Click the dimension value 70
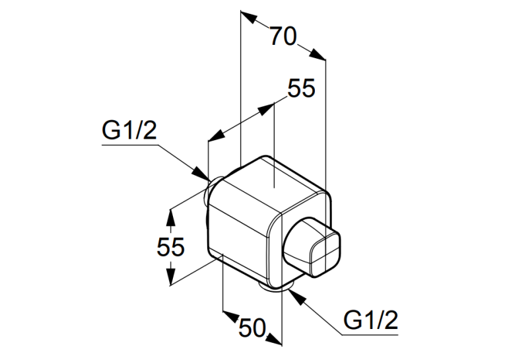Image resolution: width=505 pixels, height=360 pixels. pos(283,36)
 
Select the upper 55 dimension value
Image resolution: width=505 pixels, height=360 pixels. pos(301,88)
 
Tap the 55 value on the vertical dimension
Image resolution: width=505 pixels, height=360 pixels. pos(170,247)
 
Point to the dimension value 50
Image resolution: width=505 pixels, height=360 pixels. pos(252,328)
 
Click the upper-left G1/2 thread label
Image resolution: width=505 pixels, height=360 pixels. pos(129,130)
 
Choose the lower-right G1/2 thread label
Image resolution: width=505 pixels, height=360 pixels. pos(371,320)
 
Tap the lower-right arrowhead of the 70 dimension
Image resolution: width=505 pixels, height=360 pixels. pos(318,54)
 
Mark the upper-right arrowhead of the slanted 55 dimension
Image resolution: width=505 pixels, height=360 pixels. pos(267,108)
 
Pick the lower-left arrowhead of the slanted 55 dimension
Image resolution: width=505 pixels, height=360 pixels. pos(216,135)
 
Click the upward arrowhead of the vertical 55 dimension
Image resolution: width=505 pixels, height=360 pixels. pos(170,217)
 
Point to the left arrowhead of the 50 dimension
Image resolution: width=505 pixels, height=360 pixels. pos(230,316)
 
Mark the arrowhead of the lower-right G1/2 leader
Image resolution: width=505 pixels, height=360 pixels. pos(297,297)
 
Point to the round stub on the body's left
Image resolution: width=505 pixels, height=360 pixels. pos(212,190)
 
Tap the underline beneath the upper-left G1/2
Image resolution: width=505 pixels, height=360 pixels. pos(131,145)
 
